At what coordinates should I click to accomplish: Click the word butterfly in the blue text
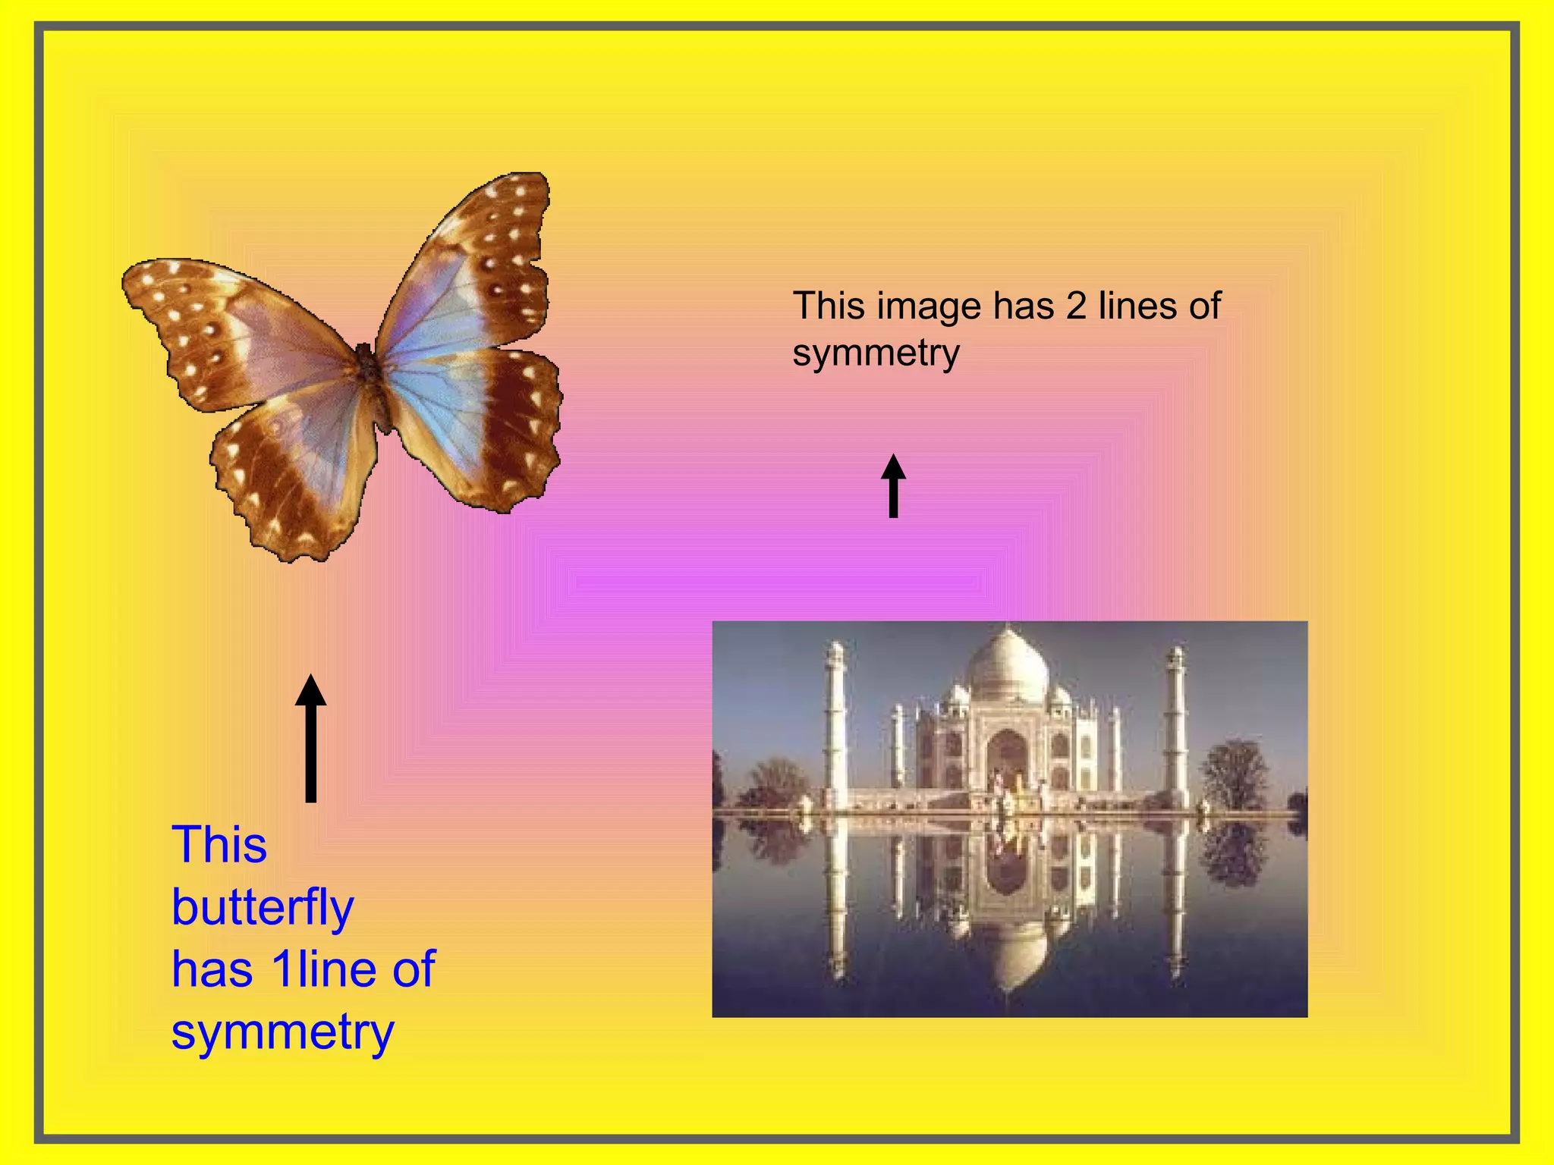[x=263, y=907]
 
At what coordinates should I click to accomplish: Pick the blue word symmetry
[x=282, y=1032]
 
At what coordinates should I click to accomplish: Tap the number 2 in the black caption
[x=1076, y=306]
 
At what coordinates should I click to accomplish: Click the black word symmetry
[x=876, y=353]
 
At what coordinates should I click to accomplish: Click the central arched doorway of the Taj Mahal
[x=1007, y=758]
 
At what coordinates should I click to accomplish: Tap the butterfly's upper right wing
[x=478, y=265]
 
